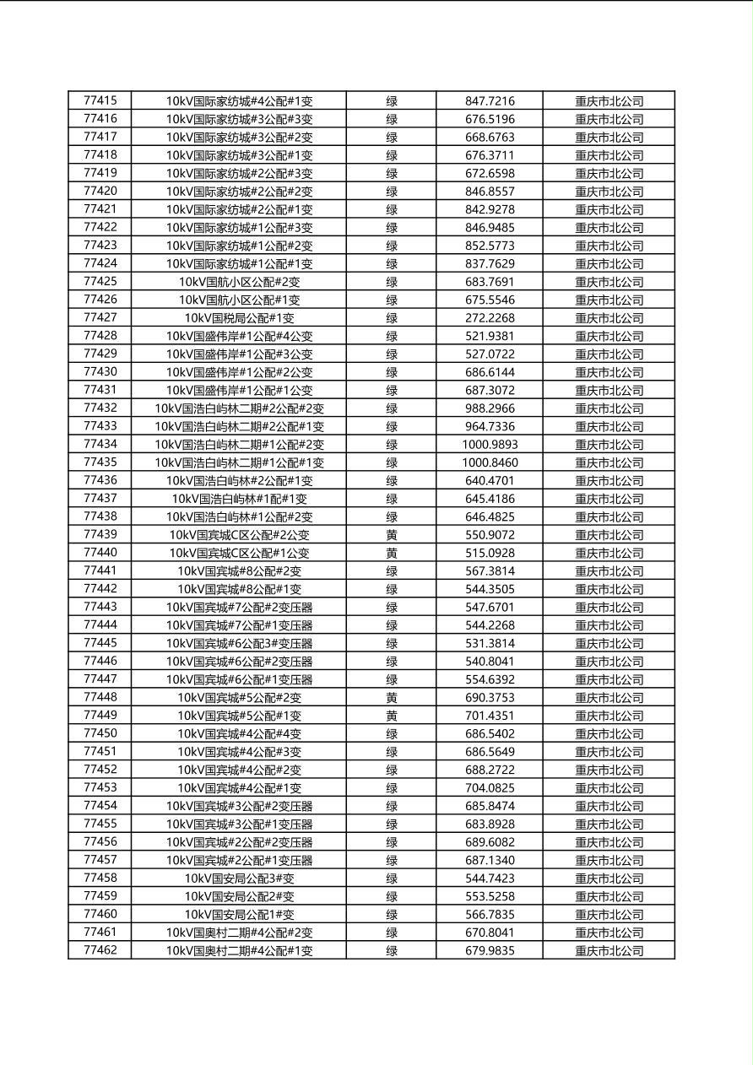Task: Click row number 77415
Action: coord(100,100)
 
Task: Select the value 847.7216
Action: coord(490,101)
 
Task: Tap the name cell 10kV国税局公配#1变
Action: coord(239,318)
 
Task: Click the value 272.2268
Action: coord(490,318)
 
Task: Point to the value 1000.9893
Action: coord(490,445)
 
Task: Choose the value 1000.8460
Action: coord(490,462)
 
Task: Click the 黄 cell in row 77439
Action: coord(392,535)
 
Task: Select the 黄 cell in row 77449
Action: coord(392,716)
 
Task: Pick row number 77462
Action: coord(100,950)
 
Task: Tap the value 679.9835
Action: coord(490,950)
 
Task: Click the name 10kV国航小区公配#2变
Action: coord(239,282)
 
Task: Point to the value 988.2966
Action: coord(490,408)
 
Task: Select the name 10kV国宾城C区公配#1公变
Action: coord(239,553)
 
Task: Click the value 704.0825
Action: coord(490,788)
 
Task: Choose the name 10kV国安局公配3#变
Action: coord(239,878)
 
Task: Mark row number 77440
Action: coord(100,553)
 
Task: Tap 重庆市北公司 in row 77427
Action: coord(609,318)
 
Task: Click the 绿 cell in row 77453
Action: coord(392,788)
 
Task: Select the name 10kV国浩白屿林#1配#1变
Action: coord(239,499)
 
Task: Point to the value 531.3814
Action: coord(490,643)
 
